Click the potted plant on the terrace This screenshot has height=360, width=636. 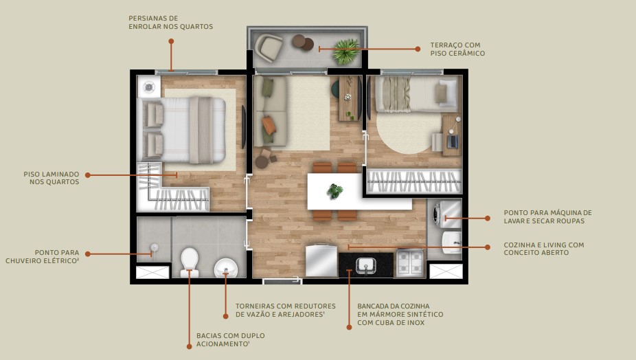click(x=345, y=50)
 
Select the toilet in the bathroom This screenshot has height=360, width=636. click(x=189, y=261)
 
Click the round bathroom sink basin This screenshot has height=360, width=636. click(x=225, y=266)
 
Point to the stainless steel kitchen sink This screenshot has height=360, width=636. click(x=365, y=264)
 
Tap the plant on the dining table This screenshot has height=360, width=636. click(x=334, y=191)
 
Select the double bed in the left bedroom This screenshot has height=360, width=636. click(x=183, y=130)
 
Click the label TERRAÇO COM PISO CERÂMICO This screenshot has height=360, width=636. click(x=458, y=49)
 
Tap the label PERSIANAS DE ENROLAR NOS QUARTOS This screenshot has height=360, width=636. click(x=170, y=22)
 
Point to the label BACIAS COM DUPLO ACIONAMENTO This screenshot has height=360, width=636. click(x=230, y=339)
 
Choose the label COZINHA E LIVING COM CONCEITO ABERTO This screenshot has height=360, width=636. click(x=543, y=248)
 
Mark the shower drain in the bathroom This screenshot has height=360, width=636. click(x=155, y=247)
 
